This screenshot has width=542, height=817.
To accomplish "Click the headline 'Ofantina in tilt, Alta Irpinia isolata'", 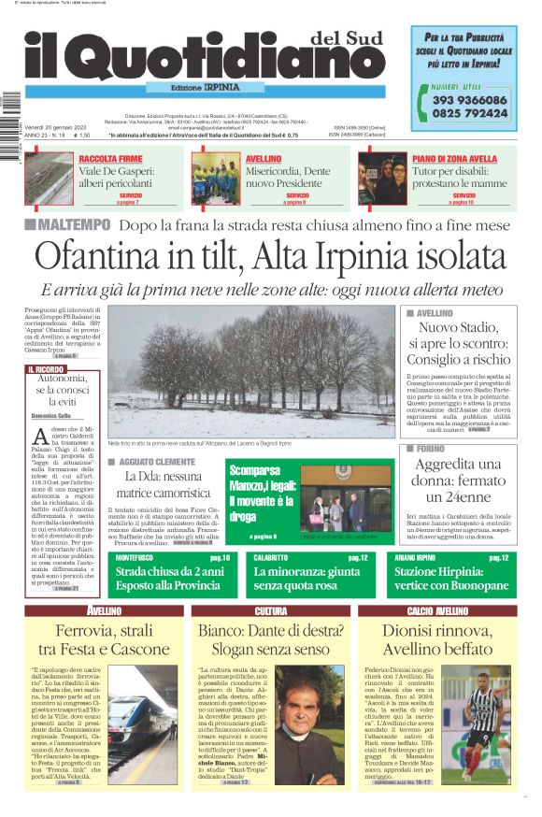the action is click(x=271, y=257).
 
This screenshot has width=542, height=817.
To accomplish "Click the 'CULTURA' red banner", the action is click(x=270, y=585).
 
